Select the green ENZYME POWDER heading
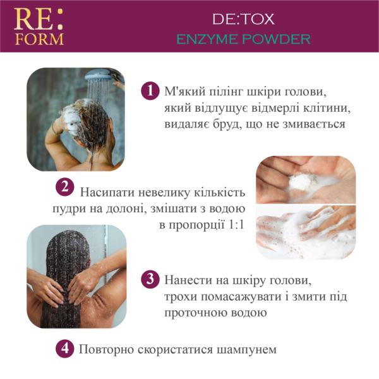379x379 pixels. pyautogui.click(x=261, y=39)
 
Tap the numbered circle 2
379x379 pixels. pyautogui.click(x=64, y=186)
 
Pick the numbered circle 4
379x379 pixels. pyautogui.click(x=64, y=348)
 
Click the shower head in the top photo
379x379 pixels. pyautogui.click(x=101, y=80)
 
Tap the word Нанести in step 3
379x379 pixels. pyautogui.click(x=188, y=279)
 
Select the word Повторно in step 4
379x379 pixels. pyautogui.click(x=104, y=349)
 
